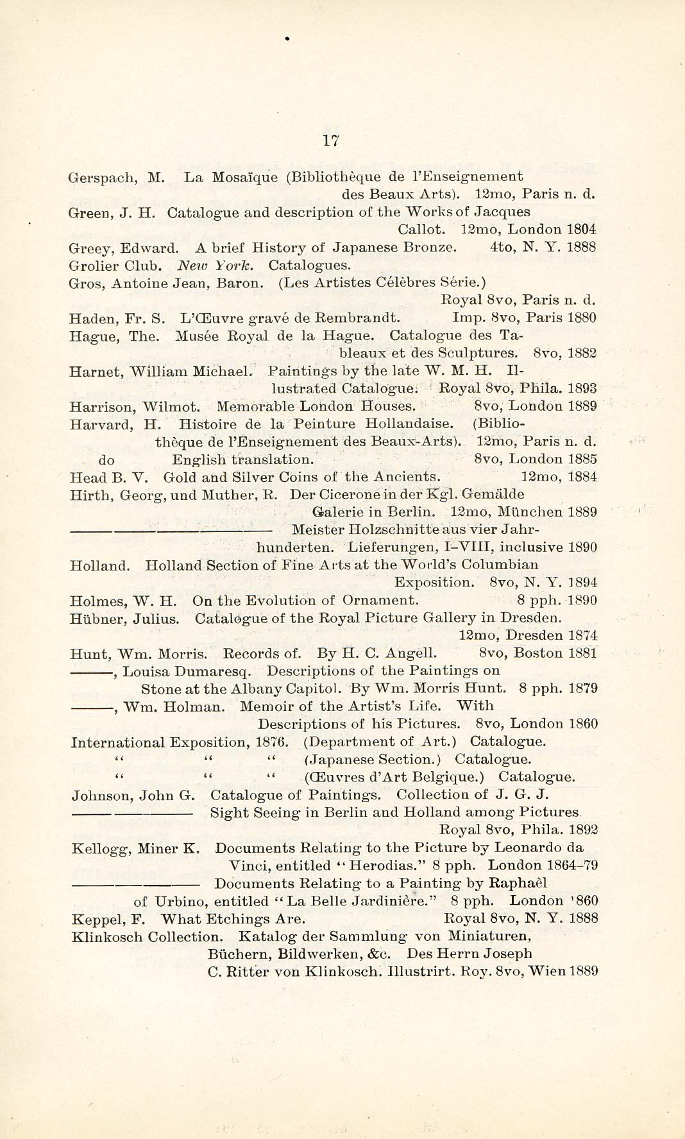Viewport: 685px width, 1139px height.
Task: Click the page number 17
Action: [x=331, y=142]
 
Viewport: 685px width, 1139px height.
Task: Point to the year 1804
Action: [x=581, y=229]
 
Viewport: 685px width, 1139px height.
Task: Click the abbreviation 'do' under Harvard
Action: [x=106, y=459]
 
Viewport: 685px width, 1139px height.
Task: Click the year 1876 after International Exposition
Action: [x=273, y=742]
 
